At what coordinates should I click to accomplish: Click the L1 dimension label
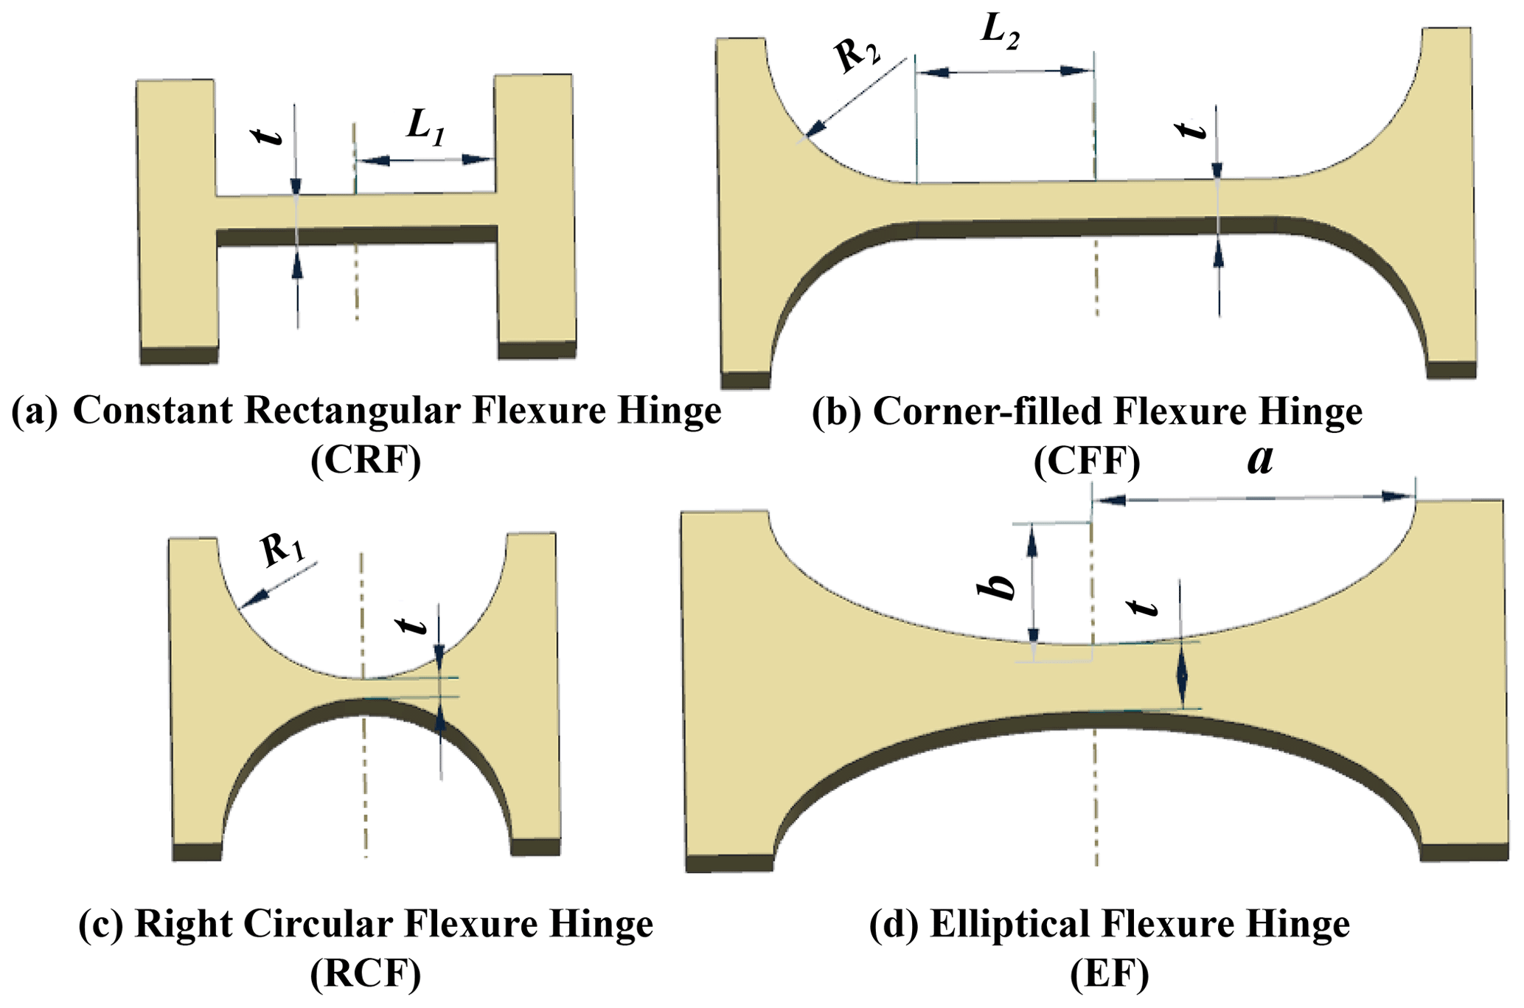pos(426,129)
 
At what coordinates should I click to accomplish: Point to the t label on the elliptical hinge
pos(1144,607)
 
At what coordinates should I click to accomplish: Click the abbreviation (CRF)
pos(366,461)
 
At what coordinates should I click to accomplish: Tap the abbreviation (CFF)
pos(1087,462)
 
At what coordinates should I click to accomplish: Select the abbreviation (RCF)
pos(366,975)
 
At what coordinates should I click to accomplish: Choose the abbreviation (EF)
pos(1109,975)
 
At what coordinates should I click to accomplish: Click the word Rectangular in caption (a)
pos(353,410)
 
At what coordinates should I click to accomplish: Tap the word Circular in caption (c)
pos(323,924)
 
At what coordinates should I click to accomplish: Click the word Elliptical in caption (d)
pos(1037,924)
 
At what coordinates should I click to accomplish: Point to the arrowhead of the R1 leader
pos(246,605)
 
